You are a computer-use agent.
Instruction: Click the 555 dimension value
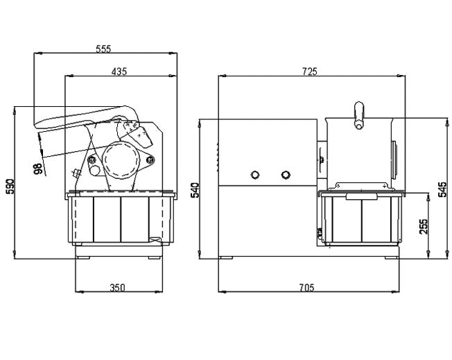point(103,49)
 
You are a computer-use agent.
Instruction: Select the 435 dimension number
point(119,71)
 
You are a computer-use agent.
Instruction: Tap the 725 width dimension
point(310,71)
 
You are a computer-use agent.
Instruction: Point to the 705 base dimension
point(306,288)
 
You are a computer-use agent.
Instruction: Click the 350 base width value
point(118,288)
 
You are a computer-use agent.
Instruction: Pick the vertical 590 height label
point(10,187)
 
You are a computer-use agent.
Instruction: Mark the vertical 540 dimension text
point(195,190)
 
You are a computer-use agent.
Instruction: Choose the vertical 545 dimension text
point(442,189)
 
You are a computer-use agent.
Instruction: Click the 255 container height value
point(424,227)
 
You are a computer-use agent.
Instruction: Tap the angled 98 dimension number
point(38,169)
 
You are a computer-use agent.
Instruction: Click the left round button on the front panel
point(255,175)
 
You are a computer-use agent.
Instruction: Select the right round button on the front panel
point(286,175)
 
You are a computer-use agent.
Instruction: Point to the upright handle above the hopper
point(359,115)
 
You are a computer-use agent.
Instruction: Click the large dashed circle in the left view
point(121,160)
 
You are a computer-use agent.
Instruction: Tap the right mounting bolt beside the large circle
point(150,160)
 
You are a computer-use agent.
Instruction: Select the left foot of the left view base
point(83,257)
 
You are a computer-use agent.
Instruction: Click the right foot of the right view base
point(392,257)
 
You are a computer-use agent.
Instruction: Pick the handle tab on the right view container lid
point(362,197)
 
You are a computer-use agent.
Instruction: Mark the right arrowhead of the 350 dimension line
point(159,292)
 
